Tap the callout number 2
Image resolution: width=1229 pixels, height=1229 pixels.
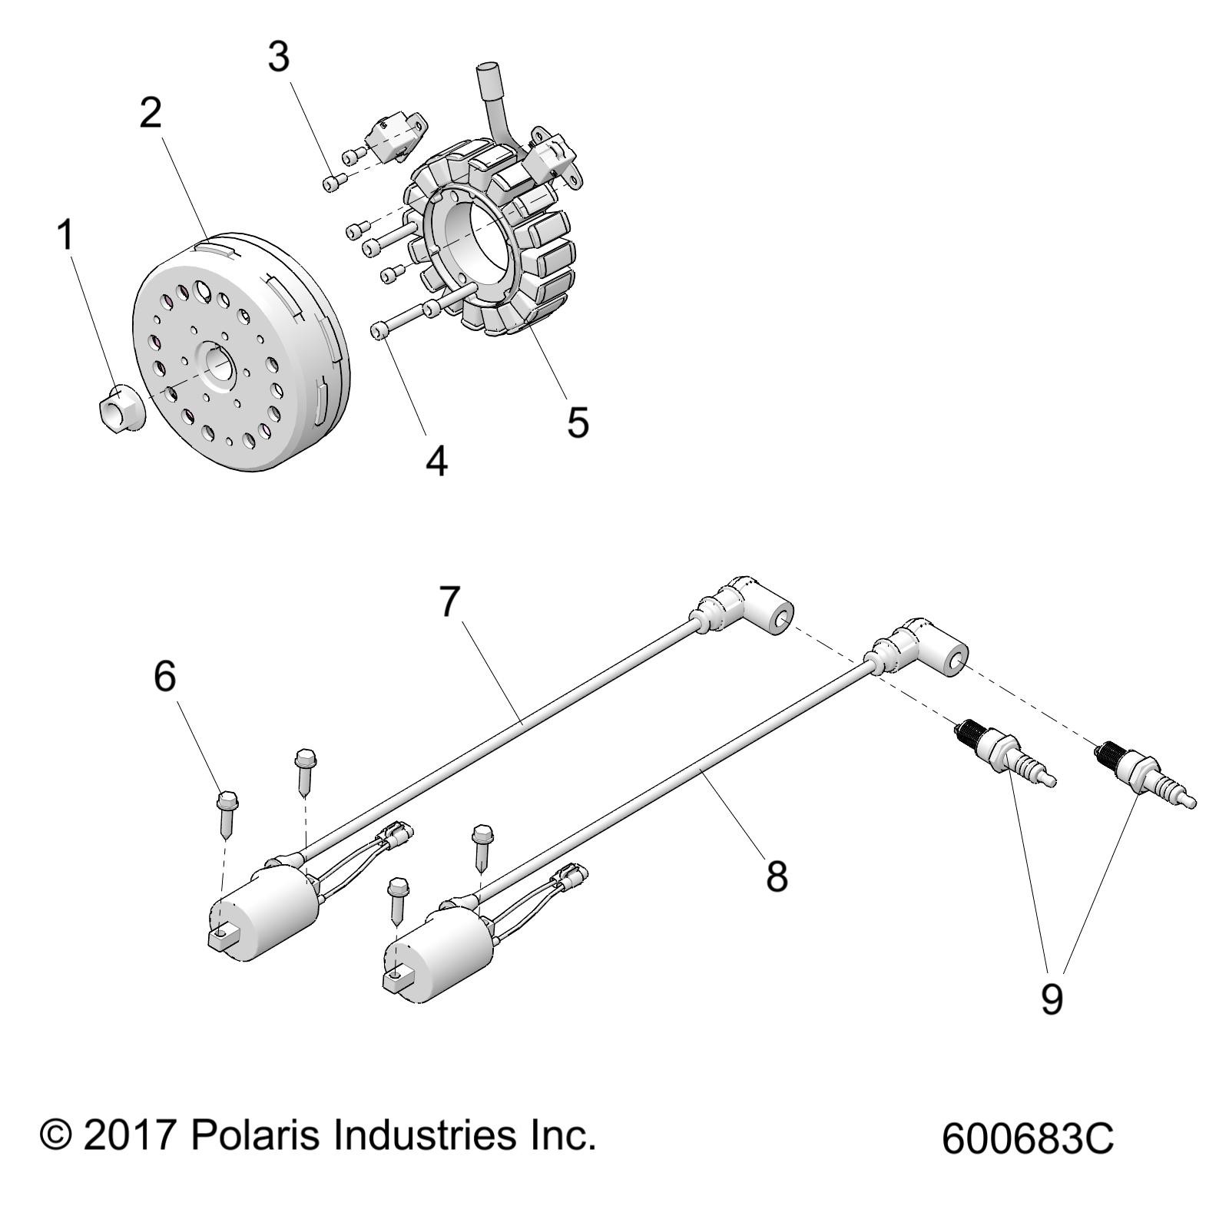[151, 113]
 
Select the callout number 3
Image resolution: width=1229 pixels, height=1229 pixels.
[279, 57]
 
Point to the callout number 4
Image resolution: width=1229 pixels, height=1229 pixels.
[436, 461]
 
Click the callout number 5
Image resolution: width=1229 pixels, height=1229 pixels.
[578, 422]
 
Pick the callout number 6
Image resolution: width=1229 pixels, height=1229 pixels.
[165, 676]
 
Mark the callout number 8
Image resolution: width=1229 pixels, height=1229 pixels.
[777, 876]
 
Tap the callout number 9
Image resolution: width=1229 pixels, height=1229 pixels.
[1052, 999]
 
